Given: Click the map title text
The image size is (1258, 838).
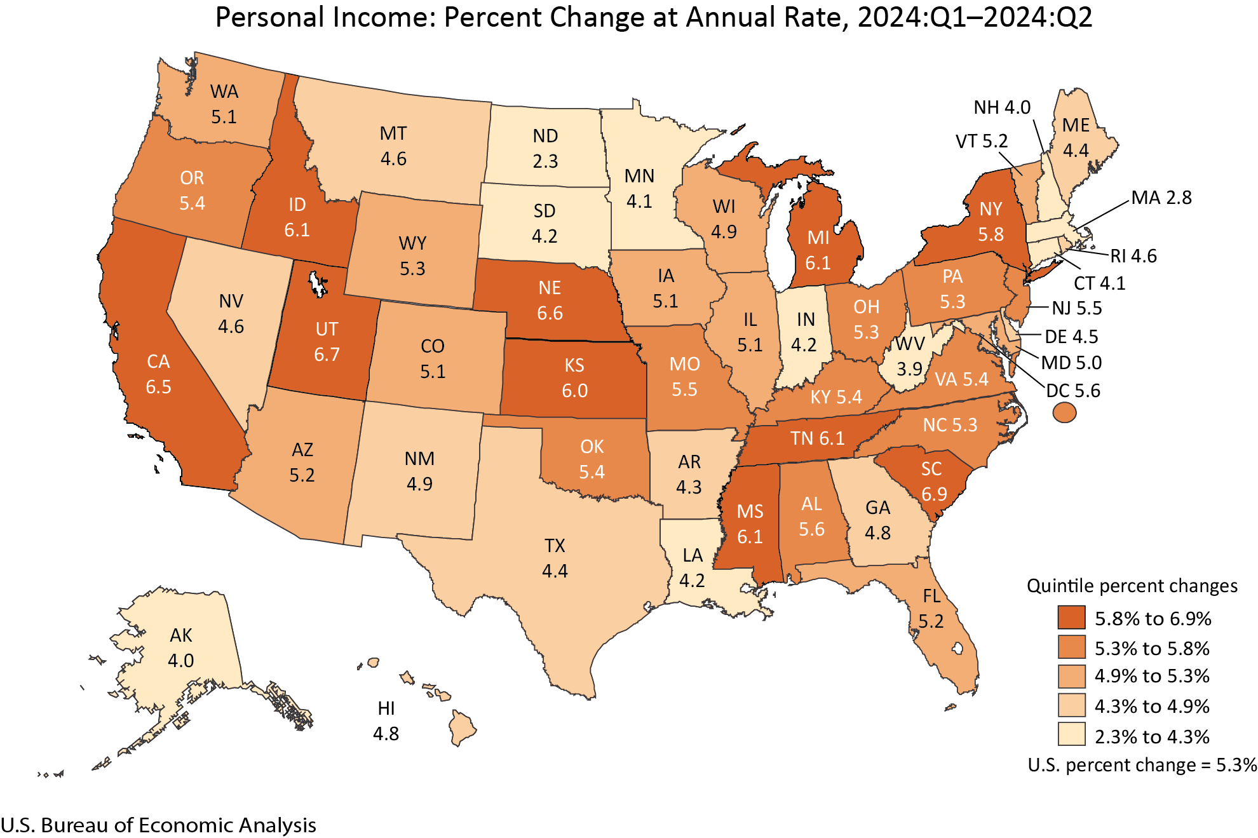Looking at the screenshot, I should [x=653, y=17].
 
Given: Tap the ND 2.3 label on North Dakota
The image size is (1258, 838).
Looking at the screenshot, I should [x=545, y=149].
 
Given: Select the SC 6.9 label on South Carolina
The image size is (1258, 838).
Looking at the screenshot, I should [x=933, y=481].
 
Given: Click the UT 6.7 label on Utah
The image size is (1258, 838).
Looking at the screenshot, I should [x=327, y=341].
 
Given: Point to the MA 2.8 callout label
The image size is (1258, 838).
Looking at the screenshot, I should [x=1161, y=198].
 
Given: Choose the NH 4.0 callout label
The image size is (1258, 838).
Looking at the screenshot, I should [x=1001, y=107].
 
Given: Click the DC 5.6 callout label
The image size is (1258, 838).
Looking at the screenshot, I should [x=1072, y=390].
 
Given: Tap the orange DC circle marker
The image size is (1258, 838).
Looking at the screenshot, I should [x=1064, y=413].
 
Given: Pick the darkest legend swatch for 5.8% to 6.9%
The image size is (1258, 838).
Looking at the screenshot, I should [x=1071, y=617].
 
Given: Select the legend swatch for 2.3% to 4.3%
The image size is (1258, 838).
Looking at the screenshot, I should [x=1071, y=734].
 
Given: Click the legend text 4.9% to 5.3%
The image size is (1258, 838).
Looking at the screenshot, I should [x=1151, y=676].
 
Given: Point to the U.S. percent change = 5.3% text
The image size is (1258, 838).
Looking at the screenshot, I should [x=1142, y=765].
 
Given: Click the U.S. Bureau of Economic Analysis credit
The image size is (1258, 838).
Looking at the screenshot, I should [x=158, y=825].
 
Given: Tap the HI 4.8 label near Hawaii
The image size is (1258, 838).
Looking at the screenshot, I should [x=386, y=721].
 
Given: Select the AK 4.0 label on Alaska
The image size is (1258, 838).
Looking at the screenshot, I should [x=181, y=648].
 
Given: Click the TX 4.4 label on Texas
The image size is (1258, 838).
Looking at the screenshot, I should [x=555, y=558].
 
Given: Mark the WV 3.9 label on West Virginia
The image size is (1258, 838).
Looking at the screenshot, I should [x=910, y=356].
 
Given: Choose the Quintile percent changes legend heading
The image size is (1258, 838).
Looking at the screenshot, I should [x=1132, y=585].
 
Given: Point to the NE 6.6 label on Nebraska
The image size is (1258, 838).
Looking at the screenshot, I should [x=550, y=301].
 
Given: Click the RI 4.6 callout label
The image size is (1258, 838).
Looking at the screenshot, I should [x=1133, y=255].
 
